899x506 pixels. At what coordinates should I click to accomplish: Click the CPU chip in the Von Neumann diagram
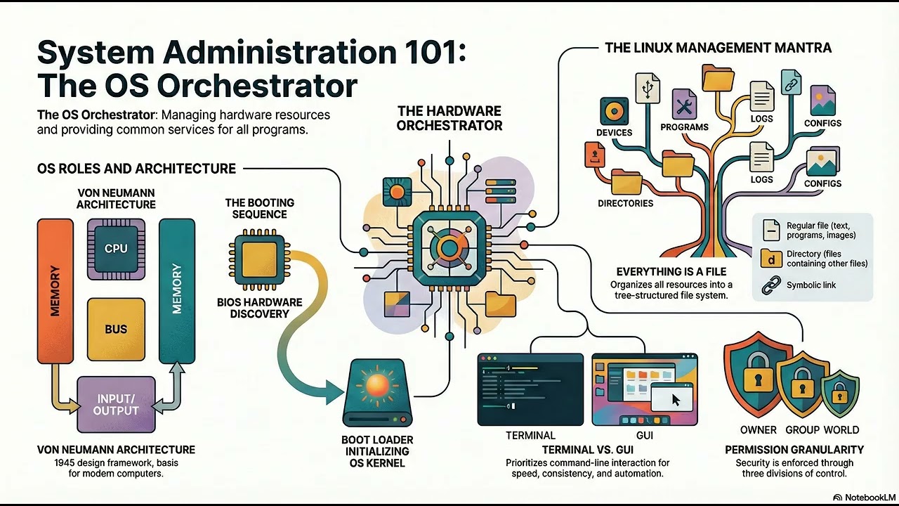pos(116,249)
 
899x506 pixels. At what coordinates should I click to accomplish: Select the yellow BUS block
pos(116,330)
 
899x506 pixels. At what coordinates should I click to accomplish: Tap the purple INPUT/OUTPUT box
pos(116,404)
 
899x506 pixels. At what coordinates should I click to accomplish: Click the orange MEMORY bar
pos(55,291)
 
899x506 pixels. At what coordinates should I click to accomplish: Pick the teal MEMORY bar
pos(177,291)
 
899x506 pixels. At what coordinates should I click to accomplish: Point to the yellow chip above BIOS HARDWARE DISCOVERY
pos(260,259)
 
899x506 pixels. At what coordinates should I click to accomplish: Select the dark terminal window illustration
pos(530,389)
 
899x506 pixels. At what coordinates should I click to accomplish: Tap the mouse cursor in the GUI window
pos(676,401)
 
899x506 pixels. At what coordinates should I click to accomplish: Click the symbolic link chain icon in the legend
pos(771,285)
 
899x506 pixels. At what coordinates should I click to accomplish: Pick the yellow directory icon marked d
pos(771,258)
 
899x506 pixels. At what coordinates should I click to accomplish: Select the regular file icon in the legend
pos(771,230)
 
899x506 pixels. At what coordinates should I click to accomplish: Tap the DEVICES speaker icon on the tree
pos(614,111)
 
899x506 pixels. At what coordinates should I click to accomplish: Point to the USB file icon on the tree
pos(648,88)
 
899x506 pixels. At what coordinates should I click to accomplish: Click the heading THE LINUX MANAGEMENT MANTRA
pos(718,48)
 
